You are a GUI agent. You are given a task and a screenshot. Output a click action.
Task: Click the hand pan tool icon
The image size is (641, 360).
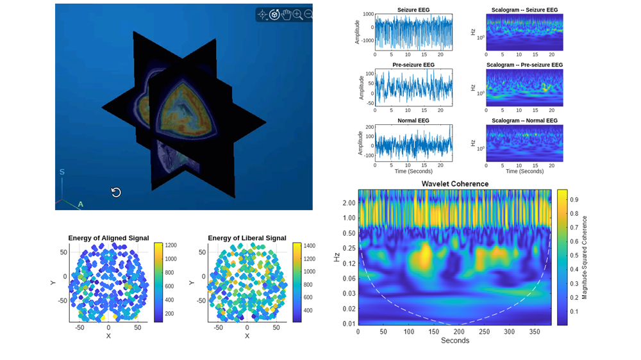pos(286,14)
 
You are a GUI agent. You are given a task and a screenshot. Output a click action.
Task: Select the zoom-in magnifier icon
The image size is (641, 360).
pos(297,14)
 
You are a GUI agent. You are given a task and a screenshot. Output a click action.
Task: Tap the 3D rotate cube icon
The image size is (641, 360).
pos(274,14)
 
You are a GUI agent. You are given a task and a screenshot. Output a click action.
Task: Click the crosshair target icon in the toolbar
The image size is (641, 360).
pos(262,14)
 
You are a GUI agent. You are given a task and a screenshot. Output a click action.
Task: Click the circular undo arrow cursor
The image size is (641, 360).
pos(116,192)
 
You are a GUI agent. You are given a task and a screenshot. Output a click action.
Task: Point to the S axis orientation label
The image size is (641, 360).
pos(62,172)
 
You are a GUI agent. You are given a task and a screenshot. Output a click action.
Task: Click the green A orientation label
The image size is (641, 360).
pos(81,204)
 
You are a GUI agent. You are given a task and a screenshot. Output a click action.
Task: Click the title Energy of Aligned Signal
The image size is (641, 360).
pos(108,238)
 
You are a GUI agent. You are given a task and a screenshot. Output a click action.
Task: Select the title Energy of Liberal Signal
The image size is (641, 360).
pos(247,238)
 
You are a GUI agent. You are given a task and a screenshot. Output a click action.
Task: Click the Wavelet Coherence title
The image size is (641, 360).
pos(454,184)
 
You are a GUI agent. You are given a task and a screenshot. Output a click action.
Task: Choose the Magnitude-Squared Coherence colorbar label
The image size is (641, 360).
pos(585,258)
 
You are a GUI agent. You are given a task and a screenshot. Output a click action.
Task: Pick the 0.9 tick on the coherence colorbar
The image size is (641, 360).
pos(575,200)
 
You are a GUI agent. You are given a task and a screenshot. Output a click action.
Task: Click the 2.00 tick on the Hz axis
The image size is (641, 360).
pos(348,202)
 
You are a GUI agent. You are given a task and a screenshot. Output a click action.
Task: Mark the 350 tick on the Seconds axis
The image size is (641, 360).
pos(535,332)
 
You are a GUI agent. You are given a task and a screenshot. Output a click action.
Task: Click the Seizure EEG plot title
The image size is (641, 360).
pos(413,10)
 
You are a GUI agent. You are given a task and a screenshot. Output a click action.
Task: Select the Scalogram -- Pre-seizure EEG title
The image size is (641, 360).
pos(524,65)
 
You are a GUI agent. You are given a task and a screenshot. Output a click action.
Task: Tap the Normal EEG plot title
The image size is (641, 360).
pos(413,120)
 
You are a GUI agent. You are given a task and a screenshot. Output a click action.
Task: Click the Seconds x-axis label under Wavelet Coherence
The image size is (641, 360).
pos(454,340)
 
